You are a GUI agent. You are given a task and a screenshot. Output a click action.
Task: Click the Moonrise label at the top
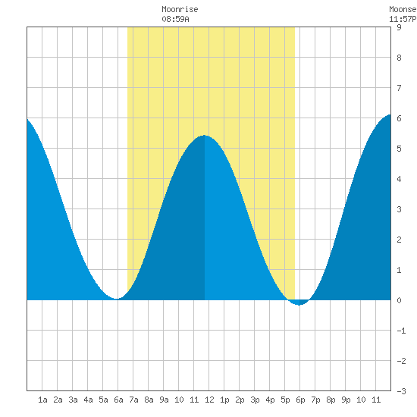(180, 10)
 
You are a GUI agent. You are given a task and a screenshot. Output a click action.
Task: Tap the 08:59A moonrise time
(176, 19)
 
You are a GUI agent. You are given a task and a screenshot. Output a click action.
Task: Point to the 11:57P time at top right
(403, 19)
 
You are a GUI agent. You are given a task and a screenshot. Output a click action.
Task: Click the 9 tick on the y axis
(399, 27)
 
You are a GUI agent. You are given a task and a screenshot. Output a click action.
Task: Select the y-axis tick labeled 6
(399, 118)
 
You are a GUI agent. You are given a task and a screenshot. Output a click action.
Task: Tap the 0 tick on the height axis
(399, 300)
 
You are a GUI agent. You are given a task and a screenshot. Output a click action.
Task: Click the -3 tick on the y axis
(401, 391)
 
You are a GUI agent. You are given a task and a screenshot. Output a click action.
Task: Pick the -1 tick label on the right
(401, 331)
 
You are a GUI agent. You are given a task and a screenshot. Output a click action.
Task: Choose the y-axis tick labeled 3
(399, 209)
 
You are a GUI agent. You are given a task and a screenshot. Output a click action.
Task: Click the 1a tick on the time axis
(42, 400)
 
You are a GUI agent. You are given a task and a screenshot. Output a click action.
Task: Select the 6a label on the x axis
(118, 400)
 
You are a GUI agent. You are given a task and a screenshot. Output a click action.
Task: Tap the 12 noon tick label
(209, 400)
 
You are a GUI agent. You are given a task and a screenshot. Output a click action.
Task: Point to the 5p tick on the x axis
(285, 400)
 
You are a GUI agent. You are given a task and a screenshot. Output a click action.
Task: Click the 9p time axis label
(346, 400)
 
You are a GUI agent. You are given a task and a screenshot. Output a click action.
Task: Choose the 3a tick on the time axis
(73, 400)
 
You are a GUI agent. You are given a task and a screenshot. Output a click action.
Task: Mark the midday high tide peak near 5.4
(204, 136)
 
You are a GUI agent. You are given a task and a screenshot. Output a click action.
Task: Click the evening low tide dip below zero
(299, 305)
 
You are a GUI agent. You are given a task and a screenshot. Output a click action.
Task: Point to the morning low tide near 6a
(117, 299)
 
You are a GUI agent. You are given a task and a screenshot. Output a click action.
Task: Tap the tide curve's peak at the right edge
(390, 114)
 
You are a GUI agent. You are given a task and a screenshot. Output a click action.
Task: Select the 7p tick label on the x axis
(315, 400)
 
